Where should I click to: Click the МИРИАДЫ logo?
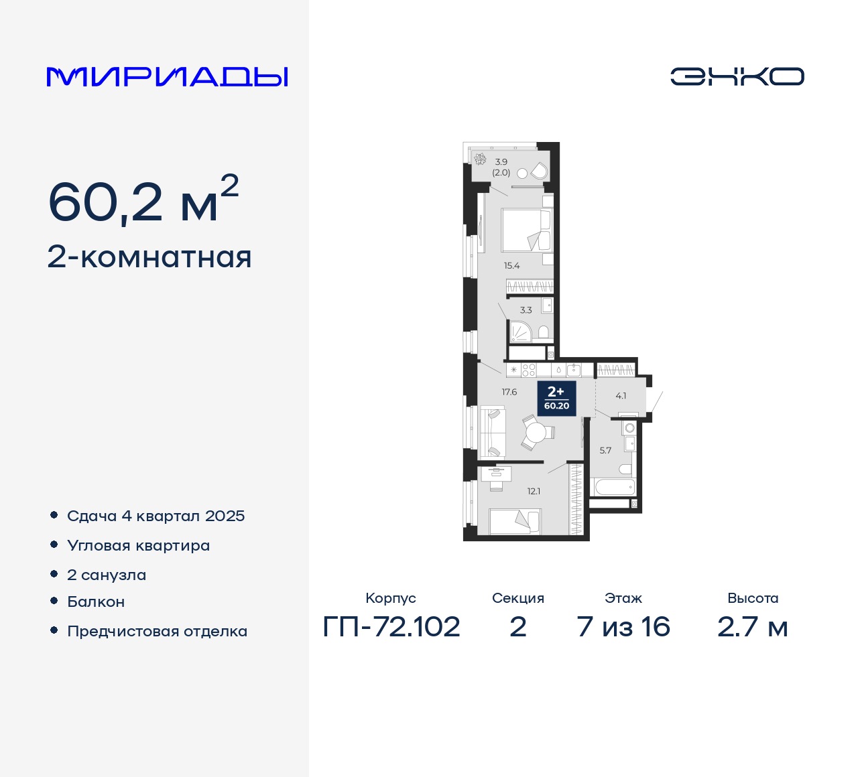tap(167, 77)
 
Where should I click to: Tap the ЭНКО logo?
tap(737, 76)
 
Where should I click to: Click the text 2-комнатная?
tap(149, 257)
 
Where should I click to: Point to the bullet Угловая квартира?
tap(138, 545)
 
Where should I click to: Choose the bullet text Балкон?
tap(96, 602)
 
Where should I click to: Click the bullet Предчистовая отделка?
tap(157, 631)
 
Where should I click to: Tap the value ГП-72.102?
tap(391, 627)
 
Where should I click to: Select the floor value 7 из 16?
tap(623, 627)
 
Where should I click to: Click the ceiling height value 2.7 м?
tap(753, 627)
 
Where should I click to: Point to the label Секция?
tap(517, 598)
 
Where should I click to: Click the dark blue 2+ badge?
tap(556, 398)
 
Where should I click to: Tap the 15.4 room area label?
tap(511, 266)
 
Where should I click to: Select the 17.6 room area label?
tap(509, 393)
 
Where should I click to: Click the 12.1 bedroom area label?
tap(534, 491)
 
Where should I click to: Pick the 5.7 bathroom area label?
tap(605, 451)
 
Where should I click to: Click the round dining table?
tap(536, 433)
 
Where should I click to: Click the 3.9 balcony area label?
tap(501, 162)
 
